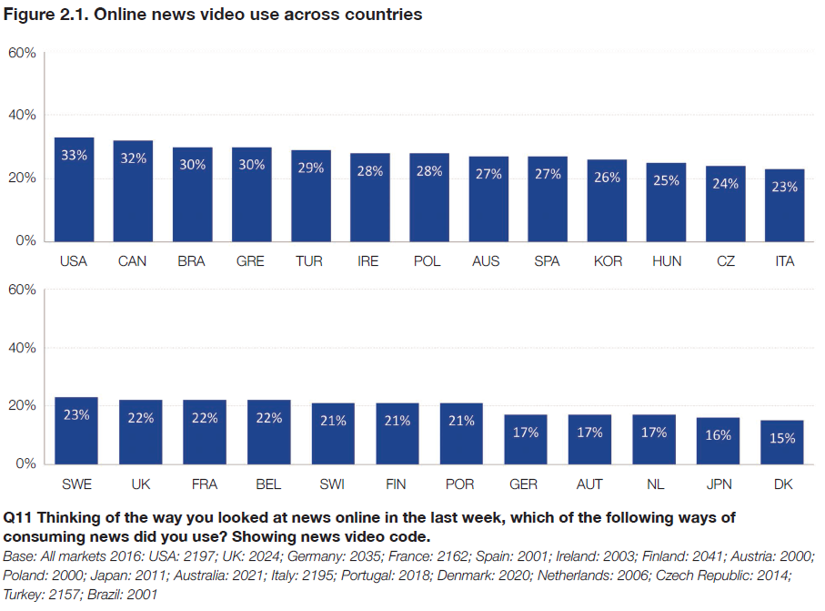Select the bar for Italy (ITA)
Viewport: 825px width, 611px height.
click(784, 205)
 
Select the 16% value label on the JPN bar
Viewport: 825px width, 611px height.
click(719, 435)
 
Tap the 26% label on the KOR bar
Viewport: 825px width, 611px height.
click(607, 177)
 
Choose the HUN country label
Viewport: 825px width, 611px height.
click(666, 261)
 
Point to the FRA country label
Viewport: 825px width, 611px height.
click(205, 484)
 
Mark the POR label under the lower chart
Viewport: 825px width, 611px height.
click(461, 484)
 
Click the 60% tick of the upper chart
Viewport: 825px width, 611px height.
click(22, 53)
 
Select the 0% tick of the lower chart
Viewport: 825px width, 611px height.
click(25, 463)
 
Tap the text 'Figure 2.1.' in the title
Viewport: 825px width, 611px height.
click(43, 15)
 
